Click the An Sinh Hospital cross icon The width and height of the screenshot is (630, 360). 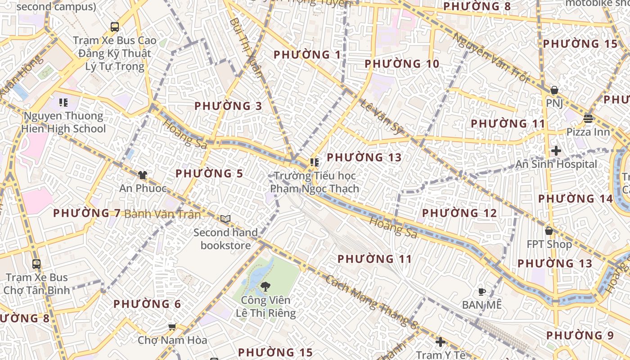point(556,151)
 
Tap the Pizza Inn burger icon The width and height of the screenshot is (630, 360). point(588,119)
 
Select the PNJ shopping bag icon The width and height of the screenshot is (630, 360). point(554,90)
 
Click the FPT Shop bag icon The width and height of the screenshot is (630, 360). point(549,231)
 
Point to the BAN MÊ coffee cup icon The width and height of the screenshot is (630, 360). point(481,292)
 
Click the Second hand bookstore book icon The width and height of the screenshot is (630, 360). point(225,219)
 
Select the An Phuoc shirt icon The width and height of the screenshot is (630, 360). point(143,175)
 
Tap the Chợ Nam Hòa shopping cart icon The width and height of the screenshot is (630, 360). point(171,327)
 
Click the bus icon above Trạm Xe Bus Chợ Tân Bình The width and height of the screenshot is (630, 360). point(36,264)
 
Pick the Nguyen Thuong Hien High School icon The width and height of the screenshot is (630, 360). point(63,103)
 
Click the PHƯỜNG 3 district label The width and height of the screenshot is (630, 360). point(228,106)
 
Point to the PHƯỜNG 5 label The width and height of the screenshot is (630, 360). point(209,174)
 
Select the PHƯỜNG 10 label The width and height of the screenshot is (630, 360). point(402,64)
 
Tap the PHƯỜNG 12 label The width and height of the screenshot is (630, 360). point(459,213)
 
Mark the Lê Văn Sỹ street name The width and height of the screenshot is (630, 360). point(380,117)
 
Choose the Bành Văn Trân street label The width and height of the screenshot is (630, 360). point(162,214)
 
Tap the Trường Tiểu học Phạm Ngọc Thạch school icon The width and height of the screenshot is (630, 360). point(314,162)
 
